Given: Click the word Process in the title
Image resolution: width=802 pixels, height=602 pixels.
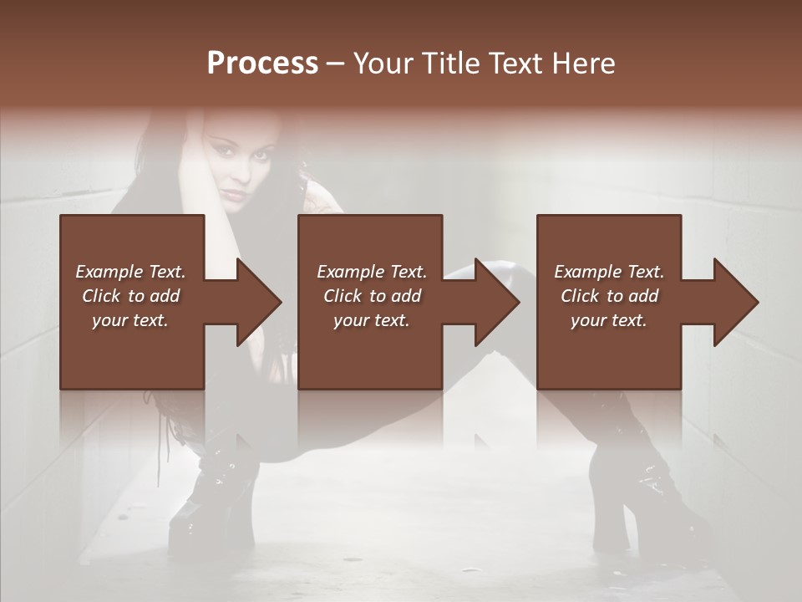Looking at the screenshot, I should [x=262, y=64].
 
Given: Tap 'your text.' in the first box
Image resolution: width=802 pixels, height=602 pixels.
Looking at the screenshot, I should [x=130, y=320].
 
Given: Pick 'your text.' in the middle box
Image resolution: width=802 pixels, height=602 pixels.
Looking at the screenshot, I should [x=371, y=320].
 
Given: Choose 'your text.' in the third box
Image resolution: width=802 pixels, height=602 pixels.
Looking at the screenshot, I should [x=609, y=320].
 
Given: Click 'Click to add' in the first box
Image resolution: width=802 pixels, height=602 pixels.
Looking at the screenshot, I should [x=130, y=296].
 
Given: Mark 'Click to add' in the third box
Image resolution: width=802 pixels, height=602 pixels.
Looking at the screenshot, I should [x=609, y=296].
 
